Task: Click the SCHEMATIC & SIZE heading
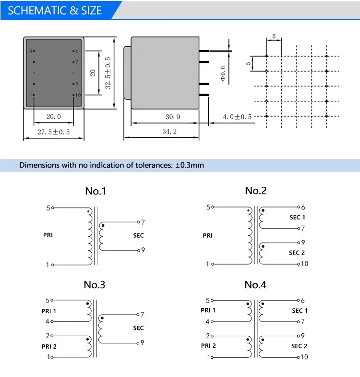tap(55, 11)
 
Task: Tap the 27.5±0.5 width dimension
tap(53, 132)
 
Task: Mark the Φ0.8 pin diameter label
tap(222, 73)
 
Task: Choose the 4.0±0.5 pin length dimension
tap(237, 117)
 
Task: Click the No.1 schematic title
tap(96, 191)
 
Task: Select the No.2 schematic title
tap(255, 191)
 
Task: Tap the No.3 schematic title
tap(95, 284)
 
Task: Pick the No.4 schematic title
tap(255, 284)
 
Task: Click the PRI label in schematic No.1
tap(48, 235)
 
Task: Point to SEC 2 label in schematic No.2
tap(297, 253)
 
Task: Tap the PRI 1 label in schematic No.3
tap(48, 311)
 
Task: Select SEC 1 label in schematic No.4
tap(300, 311)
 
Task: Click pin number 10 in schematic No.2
tap(304, 264)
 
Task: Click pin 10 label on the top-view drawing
tap(78, 95)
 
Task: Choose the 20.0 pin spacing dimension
tap(53, 117)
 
